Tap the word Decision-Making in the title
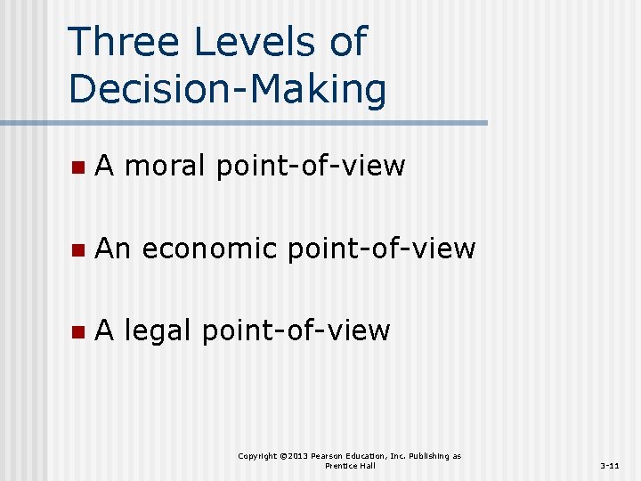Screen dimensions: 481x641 (x=227, y=89)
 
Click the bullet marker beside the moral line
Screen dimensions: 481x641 (x=77, y=167)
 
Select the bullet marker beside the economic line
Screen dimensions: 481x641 (x=77, y=250)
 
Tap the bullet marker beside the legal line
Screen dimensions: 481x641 (x=77, y=332)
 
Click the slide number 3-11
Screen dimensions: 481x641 (x=610, y=466)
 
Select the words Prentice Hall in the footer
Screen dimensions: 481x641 (x=350, y=466)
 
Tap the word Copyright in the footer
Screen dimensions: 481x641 (x=257, y=456)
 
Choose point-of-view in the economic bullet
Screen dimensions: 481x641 (x=381, y=249)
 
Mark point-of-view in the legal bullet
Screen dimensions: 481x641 (x=296, y=330)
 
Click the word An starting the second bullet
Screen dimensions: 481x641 (x=112, y=249)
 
